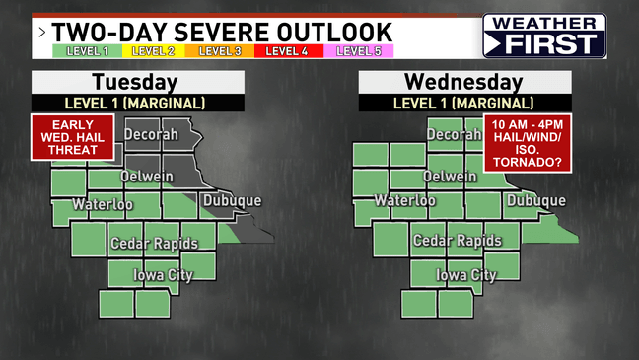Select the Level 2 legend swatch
tap(152, 51)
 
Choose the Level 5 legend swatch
tap(359, 51)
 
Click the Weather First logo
tap(544, 36)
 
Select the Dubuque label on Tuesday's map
tap(232, 201)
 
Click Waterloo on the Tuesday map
tap(103, 204)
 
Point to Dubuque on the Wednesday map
tap(535, 201)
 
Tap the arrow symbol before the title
tap(42, 31)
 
